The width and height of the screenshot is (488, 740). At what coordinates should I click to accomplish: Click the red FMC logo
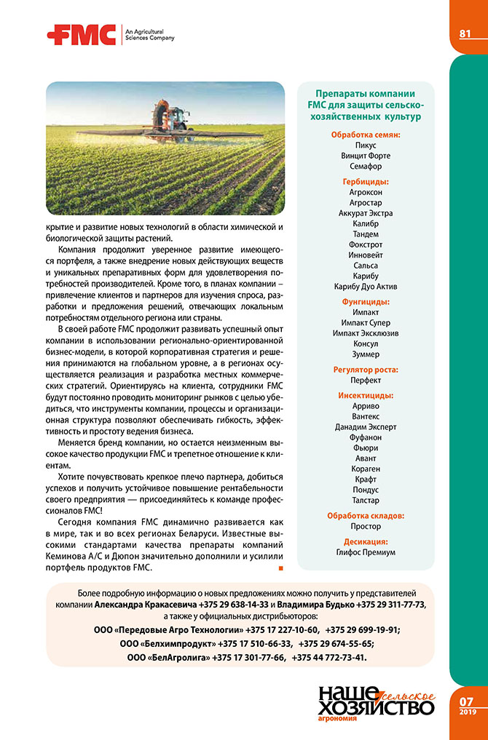point(81,34)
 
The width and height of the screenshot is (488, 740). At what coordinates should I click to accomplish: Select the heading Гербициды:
point(366,181)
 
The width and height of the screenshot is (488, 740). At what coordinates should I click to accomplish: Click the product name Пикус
point(366,145)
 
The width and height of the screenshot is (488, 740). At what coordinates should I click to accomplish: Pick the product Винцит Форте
point(366,156)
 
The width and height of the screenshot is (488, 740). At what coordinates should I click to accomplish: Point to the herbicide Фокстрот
point(366,244)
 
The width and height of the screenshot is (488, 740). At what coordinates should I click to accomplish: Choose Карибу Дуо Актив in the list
point(366,287)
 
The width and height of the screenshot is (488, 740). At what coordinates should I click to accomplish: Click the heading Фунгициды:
point(366,301)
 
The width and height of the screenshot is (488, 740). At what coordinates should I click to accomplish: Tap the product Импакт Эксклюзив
point(366,333)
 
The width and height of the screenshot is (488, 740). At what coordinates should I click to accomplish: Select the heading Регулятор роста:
point(366,370)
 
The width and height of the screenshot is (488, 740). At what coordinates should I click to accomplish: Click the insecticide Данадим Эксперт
point(366,426)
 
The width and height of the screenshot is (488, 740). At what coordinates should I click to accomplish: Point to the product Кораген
point(366,469)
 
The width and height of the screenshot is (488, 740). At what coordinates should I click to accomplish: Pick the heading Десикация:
point(366,541)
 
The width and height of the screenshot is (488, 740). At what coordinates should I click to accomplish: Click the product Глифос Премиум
point(366,552)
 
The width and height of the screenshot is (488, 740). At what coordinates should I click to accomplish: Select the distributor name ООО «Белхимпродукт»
point(167,643)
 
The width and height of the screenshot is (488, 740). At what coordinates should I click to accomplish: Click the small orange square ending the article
point(281,567)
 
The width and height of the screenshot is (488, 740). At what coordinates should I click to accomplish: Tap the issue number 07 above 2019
point(467,701)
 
